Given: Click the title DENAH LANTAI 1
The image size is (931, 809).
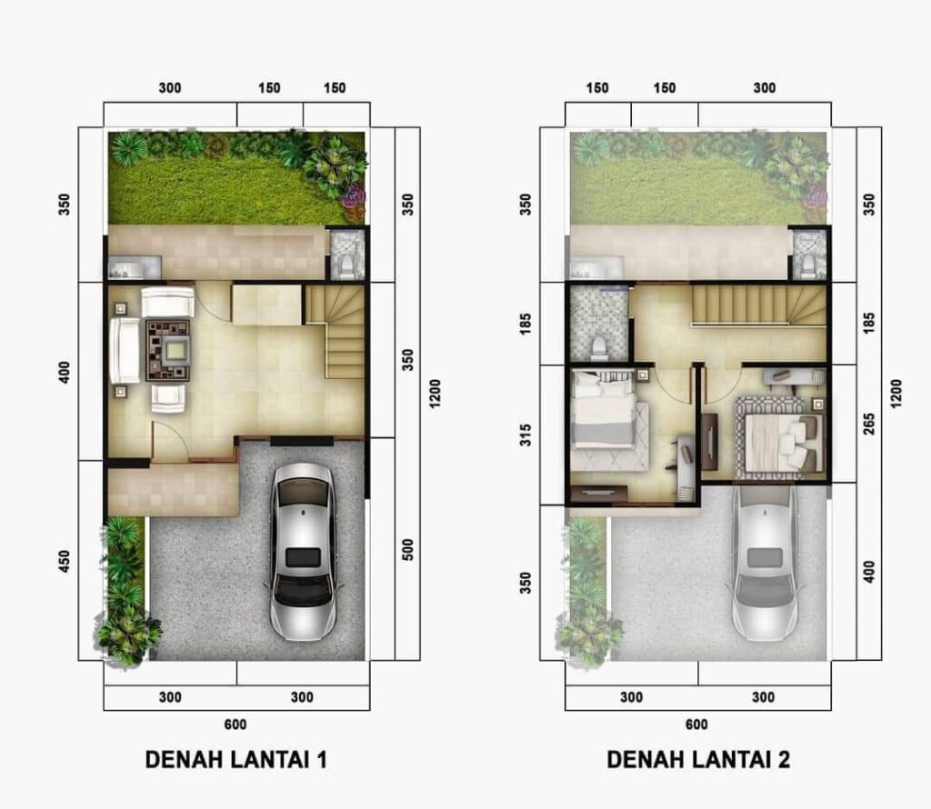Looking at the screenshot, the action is [x=235, y=760].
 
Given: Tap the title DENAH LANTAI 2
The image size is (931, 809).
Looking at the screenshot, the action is [x=698, y=760].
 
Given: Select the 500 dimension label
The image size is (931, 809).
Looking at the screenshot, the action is [x=407, y=550].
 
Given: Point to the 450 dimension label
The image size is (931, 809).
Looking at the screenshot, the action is [x=65, y=562].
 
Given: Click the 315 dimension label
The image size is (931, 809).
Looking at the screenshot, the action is [x=526, y=435].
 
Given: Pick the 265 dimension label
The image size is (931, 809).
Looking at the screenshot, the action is [x=869, y=424].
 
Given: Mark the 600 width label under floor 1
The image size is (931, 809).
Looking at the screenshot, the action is [x=235, y=724].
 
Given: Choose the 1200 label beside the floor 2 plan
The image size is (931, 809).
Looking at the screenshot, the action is [x=896, y=393].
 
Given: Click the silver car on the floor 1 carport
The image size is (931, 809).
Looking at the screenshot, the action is [x=302, y=552].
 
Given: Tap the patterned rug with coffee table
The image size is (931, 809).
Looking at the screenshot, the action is [x=168, y=351].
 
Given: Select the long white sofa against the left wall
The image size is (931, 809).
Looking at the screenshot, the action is [x=125, y=351].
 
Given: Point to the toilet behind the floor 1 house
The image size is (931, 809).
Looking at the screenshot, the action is [x=344, y=265].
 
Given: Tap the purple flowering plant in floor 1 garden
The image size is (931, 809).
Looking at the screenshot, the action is [x=354, y=195].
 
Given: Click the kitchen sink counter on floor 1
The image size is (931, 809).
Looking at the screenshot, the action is [x=135, y=267].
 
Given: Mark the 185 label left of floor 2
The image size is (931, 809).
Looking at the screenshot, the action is [x=526, y=325].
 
